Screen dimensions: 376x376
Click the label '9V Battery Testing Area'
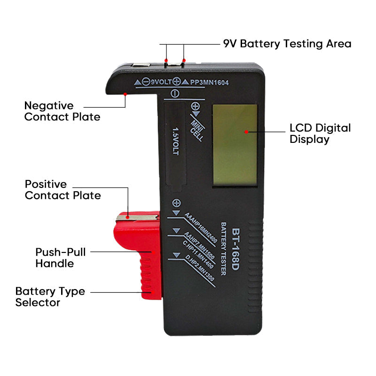click(287, 44)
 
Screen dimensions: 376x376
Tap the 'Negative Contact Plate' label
click(62, 111)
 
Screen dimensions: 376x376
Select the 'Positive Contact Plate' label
click(63, 189)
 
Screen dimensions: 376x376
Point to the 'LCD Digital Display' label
click(320, 133)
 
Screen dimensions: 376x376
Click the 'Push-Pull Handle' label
click(61, 257)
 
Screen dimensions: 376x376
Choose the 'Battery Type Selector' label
click(50, 297)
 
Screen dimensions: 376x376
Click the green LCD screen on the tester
click(235, 144)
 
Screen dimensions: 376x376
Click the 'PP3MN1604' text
click(210, 82)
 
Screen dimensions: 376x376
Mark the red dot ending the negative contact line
click(125, 94)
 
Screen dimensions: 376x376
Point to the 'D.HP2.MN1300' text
click(200, 271)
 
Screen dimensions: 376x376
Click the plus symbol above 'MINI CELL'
click(196, 107)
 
